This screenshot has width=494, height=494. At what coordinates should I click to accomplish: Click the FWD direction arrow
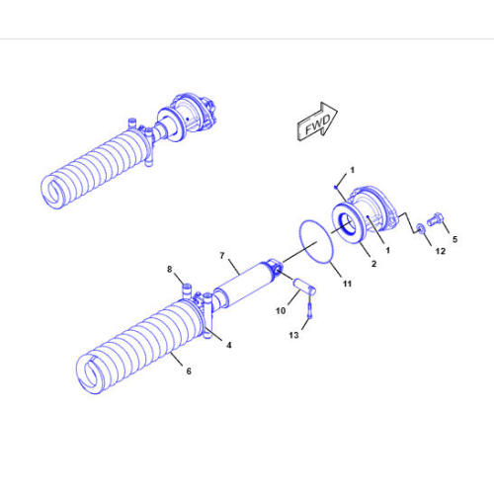pyautogui.click(x=316, y=123)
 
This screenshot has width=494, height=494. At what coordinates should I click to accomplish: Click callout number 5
pyautogui.click(x=454, y=238)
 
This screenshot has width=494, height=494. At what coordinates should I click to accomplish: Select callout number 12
pyautogui.click(x=440, y=251)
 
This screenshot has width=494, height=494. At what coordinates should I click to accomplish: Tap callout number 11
pyautogui.click(x=347, y=284)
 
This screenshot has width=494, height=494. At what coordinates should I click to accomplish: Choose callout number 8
pyautogui.click(x=169, y=269)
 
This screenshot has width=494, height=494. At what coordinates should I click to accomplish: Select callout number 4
pyautogui.click(x=229, y=345)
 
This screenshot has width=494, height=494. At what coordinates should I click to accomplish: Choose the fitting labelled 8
pyautogui.click(x=185, y=289)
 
